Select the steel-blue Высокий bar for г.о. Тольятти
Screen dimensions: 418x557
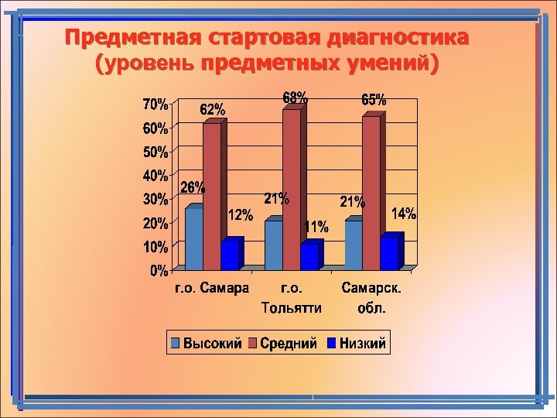(x=274, y=245)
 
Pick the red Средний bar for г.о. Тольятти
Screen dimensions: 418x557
(x=291, y=189)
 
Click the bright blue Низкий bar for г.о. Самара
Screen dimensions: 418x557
(x=230, y=255)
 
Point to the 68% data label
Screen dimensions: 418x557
(x=295, y=98)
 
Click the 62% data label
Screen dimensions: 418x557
(x=214, y=109)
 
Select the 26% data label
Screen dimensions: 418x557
(x=193, y=187)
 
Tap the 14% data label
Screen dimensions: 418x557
(x=403, y=214)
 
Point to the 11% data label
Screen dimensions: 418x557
(x=316, y=227)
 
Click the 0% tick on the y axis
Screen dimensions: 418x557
(x=159, y=271)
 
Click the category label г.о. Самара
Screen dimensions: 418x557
(x=210, y=289)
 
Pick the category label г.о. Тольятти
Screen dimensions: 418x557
(x=291, y=298)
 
